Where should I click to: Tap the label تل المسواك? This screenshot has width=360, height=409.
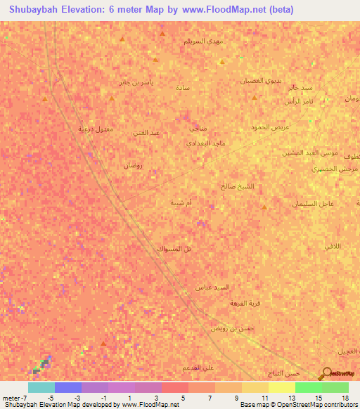point(170,249)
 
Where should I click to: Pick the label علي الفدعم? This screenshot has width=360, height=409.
point(198,368)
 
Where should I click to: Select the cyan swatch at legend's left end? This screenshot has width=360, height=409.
point(41,387)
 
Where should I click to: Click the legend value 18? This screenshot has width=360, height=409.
point(345,398)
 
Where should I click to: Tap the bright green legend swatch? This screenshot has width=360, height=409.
point(308,387)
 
